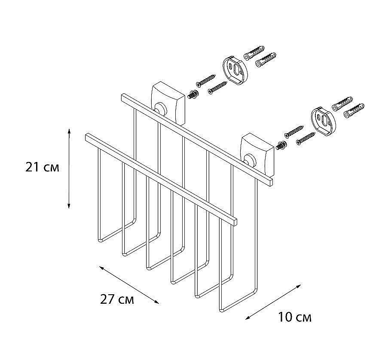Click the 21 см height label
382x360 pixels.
coord(43,167)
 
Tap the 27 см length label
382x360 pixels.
coord(117,299)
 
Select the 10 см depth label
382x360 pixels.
coord(294,317)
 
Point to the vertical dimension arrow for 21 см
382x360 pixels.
coord(69,168)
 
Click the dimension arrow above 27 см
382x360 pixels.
coord(129,285)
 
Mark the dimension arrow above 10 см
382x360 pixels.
coord(273,302)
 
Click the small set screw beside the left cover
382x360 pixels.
coord(193,94)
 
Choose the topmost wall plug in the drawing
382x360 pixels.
coord(254,52)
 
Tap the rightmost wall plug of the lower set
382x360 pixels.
coord(354,110)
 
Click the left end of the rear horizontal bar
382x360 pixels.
coord(124,98)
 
